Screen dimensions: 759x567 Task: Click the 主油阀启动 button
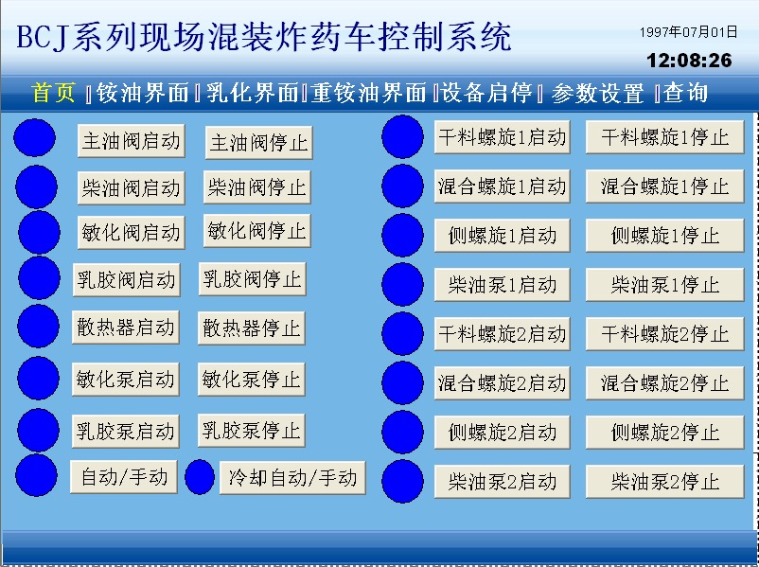click(132, 141)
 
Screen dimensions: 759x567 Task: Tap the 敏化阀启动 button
click(132, 233)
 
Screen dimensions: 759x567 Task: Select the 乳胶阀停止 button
click(252, 279)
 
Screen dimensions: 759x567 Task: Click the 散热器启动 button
click(125, 328)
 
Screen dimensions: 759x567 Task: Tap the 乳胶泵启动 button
click(125, 431)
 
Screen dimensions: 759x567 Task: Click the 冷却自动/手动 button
click(292, 478)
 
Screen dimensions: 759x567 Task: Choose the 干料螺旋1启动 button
click(502, 137)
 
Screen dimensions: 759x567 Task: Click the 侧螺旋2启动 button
click(502, 433)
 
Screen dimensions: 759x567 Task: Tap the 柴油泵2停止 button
click(664, 482)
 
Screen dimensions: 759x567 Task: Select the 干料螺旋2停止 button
click(664, 334)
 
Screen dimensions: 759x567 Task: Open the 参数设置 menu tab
click(597, 93)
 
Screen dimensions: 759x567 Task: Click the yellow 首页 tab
click(53, 92)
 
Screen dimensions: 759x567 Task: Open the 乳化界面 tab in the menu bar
click(252, 93)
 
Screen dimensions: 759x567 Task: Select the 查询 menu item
click(685, 93)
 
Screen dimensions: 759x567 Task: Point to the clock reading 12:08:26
click(689, 61)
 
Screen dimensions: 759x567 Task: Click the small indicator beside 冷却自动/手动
click(200, 477)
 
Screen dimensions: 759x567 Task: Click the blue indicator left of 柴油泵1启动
click(402, 284)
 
